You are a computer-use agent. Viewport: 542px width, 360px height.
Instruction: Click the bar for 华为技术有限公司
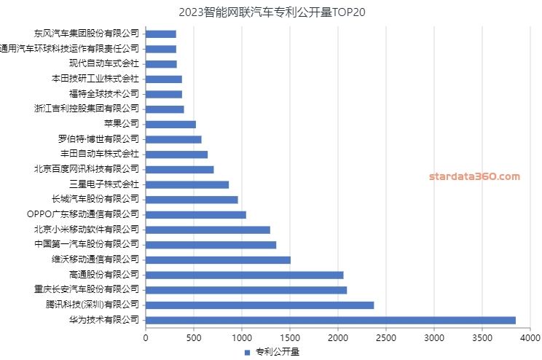[x=330, y=320]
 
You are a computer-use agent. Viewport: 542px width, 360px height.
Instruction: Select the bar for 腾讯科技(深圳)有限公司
[x=259, y=305]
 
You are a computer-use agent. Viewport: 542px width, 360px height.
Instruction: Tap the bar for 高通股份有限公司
[x=244, y=275]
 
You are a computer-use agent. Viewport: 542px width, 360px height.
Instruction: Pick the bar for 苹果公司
[x=170, y=124]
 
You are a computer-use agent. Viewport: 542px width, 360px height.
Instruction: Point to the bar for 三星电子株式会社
[x=187, y=184]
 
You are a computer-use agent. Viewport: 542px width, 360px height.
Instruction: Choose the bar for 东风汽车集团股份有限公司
[x=161, y=34]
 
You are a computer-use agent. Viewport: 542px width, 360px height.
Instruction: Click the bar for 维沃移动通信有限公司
[x=218, y=259]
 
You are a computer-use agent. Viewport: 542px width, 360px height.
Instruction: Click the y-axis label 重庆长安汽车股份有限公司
[x=82, y=290]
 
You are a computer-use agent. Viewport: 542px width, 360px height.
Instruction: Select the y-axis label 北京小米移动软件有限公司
[x=86, y=230]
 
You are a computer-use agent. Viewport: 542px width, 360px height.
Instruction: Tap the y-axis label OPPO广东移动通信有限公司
[x=82, y=214]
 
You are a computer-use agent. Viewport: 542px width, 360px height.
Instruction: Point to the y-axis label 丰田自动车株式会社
[x=100, y=154]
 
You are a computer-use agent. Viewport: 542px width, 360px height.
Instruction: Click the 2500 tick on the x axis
[x=386, y=337]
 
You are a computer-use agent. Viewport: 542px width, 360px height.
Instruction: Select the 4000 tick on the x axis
[x=530, y=337]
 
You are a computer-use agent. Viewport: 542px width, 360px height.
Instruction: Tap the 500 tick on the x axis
[x=194, y=337]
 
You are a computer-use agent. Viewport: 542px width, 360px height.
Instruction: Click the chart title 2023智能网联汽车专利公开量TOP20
[x=271, y=12]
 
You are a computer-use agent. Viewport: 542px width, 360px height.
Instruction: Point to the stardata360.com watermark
[x=474, y=176]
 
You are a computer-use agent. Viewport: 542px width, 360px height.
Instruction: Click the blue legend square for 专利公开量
[x=246, y=352]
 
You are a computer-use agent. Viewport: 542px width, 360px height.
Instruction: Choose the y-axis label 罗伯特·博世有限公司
[x=99, y=139]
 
